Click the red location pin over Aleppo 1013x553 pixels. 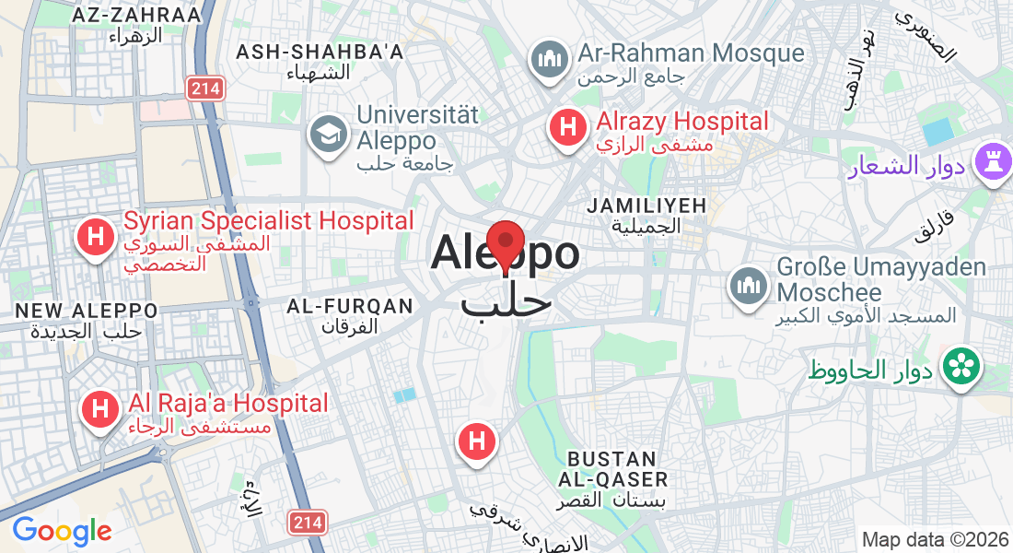coord(505,243)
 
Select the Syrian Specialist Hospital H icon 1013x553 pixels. coord(95,238)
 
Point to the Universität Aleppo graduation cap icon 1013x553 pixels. coord(327,134)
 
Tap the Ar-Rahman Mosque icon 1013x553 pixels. coord(550,60)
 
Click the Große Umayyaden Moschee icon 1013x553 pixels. coord(749,285)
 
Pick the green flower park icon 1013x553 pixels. coord(962,366)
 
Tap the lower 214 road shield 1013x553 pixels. coord(307,523)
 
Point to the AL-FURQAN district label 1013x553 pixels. coord(350,306)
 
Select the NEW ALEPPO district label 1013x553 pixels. coord(87,311)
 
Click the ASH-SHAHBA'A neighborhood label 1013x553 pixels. coord(320,53)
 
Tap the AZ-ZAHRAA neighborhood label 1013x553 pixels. coord(135,16)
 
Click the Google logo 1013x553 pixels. coord(62,531)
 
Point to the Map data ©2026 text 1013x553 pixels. coord(934,539)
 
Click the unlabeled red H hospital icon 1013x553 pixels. coord(477,441)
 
